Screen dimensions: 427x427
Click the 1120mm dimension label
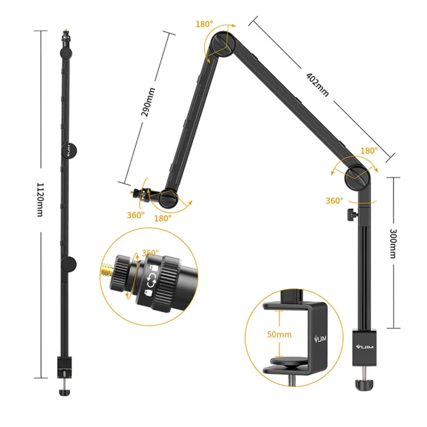pyautogui.click(x=40, y=199)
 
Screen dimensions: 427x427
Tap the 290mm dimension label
pyautogui.click(x=148, y=102)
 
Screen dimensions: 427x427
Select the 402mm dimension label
pyautogui.click(x=317, y=85)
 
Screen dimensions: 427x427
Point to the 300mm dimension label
pyautogui.click(x=393, y=243)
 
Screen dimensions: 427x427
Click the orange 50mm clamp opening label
pyautogui.click(x=279, y=334)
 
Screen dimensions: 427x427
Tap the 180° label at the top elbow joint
pyautogui.click(x=204, y=24)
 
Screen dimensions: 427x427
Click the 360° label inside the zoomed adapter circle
pyautogui.click(x=150, y=253)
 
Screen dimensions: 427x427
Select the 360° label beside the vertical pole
pyautogui.click(x=334, y=201)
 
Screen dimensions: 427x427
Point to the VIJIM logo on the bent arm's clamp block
pyautogui.click(x=364, y=347)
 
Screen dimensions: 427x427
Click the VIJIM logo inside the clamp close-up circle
pyautogui.click(x=320, y=339)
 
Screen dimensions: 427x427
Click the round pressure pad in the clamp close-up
pyautogui.click(x=289, y=361)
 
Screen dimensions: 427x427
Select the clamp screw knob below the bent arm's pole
pyautogui.click(x=364, y=385)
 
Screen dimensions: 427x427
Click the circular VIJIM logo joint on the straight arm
pyautogui.click(x=69, y=150)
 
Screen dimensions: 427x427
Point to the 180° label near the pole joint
pyautogui.click(x=369, y=151)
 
